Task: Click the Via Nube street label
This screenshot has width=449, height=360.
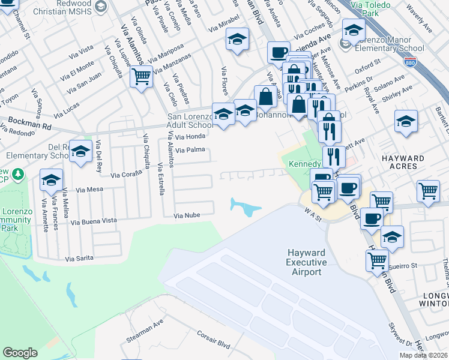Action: click(x=186, y=215)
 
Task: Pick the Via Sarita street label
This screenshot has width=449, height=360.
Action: click(x=79, y=258)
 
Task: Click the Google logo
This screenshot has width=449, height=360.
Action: click(x=20, y=352)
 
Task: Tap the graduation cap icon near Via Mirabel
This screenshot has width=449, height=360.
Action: click(x=237, y=41)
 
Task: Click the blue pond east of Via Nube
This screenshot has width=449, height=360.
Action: click(x=246, y=208)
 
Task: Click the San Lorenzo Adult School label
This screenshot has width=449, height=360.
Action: click(x=190, y=121)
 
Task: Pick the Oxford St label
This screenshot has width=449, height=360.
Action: click(x=368, y=62)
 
